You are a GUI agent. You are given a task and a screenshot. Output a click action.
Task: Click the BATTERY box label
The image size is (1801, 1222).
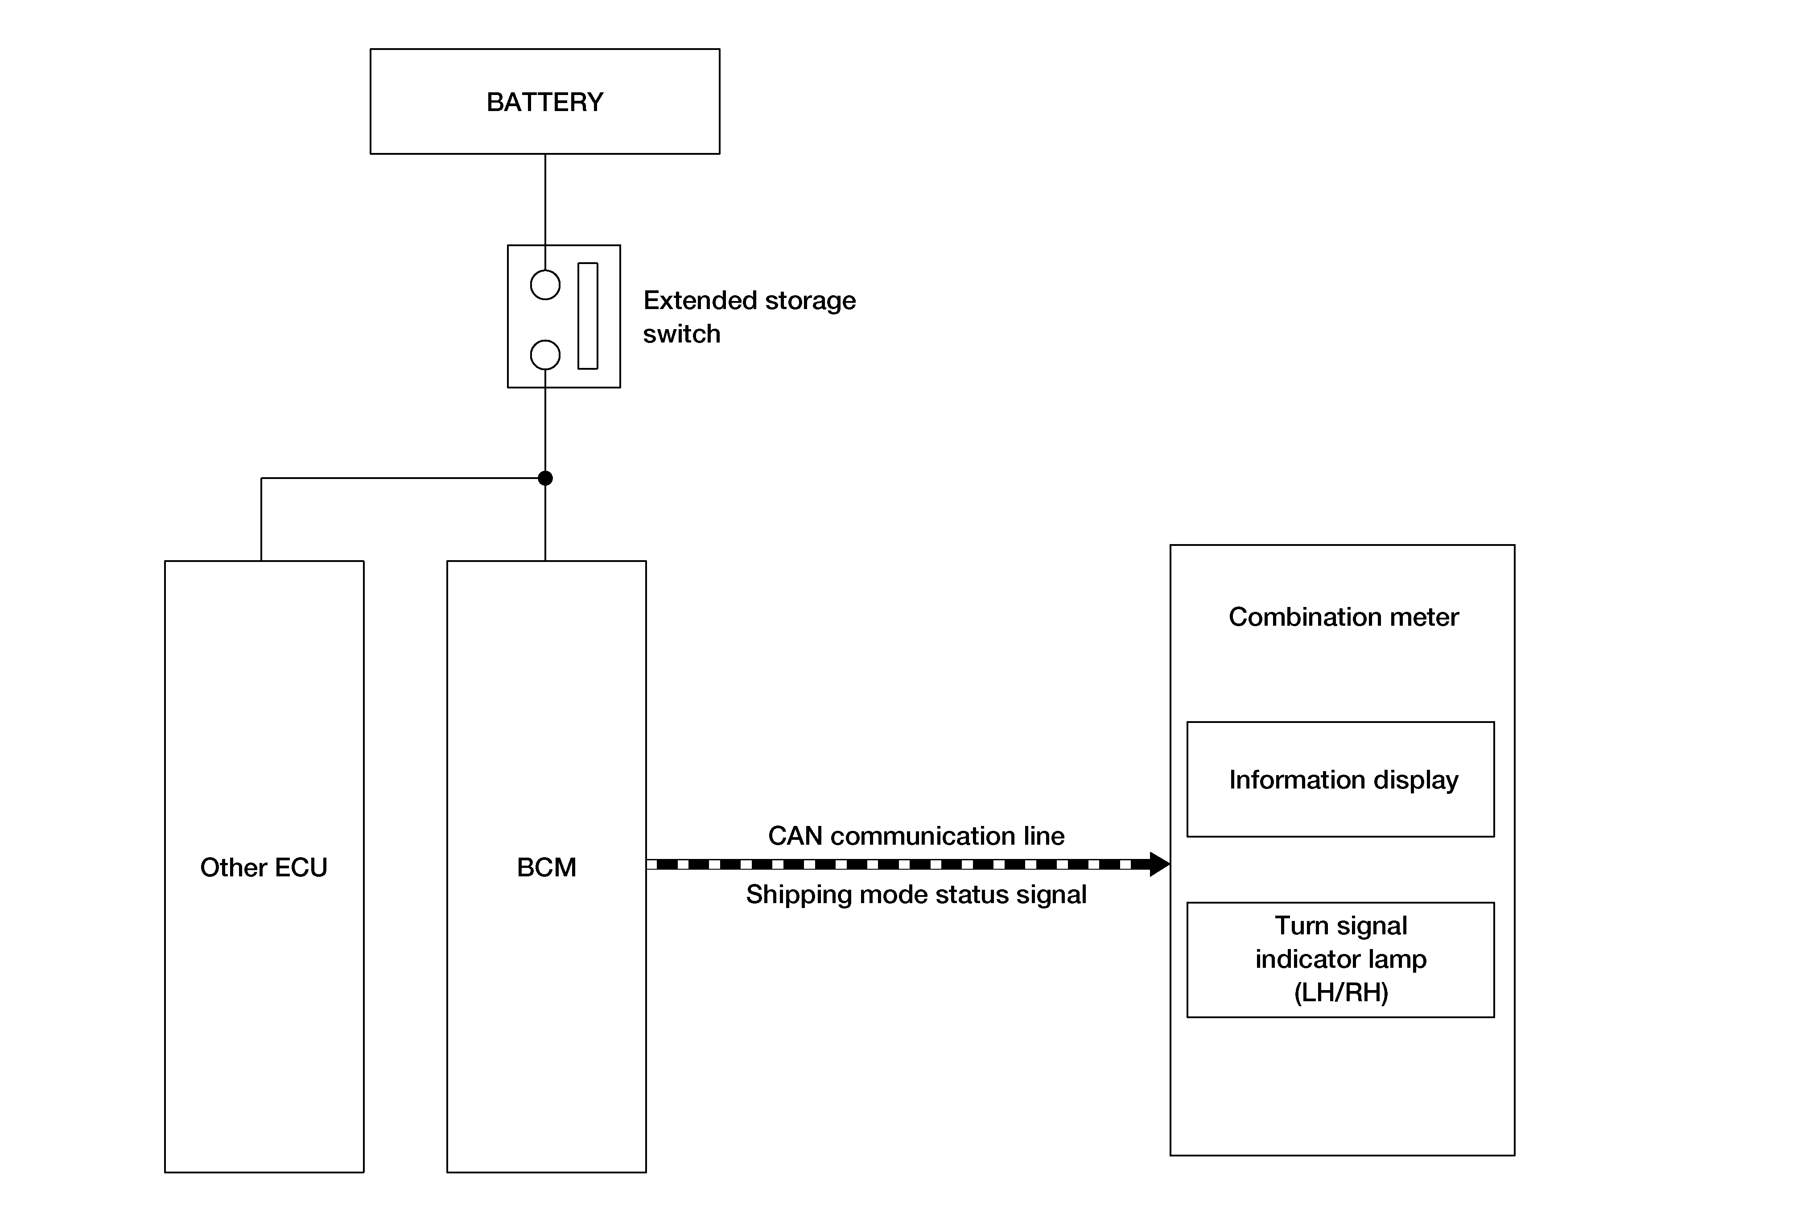[x=545, y=102]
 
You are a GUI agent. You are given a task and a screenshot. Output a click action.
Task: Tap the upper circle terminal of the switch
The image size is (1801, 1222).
[x=545, y=285]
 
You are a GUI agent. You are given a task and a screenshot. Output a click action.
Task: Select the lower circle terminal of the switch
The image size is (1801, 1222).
[x=545, y=355]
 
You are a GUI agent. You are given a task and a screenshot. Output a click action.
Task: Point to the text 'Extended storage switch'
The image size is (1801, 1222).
[x=750, y=317]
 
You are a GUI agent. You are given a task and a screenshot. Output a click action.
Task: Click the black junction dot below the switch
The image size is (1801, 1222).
[x=545, y=478]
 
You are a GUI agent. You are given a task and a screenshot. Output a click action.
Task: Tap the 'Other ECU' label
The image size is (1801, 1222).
[x=264, y=867]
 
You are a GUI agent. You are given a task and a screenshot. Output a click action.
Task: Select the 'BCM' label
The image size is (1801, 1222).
[x=546, y=867]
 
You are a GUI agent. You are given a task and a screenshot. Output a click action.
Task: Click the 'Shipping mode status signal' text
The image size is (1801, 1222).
[x=916, y=894]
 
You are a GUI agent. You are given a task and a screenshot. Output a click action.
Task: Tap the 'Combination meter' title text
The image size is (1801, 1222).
[x=1343, y=617]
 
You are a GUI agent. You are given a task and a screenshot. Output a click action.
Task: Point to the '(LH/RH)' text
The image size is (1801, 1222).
[x=1341, y=993]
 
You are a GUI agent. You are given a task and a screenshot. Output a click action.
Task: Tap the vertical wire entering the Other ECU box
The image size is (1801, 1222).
[x=261, y=519]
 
